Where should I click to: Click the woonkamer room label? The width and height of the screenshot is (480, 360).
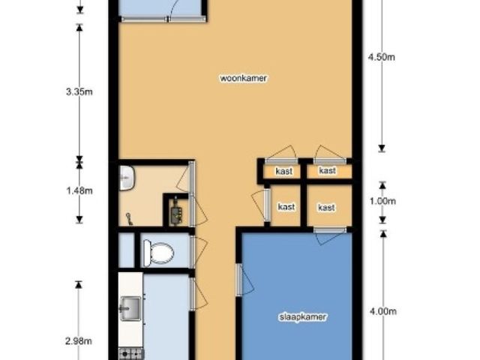244,78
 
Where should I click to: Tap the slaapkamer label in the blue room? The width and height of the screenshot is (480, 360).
303,316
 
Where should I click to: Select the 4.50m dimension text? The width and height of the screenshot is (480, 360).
382,57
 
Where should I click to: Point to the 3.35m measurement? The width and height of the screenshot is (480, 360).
79,91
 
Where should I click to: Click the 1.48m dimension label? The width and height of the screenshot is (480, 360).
79,190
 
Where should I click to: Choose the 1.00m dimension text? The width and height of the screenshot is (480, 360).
382,201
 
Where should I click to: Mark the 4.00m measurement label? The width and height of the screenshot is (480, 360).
383,311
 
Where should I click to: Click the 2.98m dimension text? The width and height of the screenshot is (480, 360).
79,340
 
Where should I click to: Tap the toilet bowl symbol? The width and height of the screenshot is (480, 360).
158,253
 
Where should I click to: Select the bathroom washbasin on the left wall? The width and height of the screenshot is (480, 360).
126,178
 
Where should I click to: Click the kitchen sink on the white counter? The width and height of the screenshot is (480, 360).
130,308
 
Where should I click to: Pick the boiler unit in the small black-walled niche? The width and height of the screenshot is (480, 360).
177,211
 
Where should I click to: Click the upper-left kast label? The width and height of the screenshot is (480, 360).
284,171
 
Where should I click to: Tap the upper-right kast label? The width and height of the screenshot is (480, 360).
327,170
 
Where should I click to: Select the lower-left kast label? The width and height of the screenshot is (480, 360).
286,207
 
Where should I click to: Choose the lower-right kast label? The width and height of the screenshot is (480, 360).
326,208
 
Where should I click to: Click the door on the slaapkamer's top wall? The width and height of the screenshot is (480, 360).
330,235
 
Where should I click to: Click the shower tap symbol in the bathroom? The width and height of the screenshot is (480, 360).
129,219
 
